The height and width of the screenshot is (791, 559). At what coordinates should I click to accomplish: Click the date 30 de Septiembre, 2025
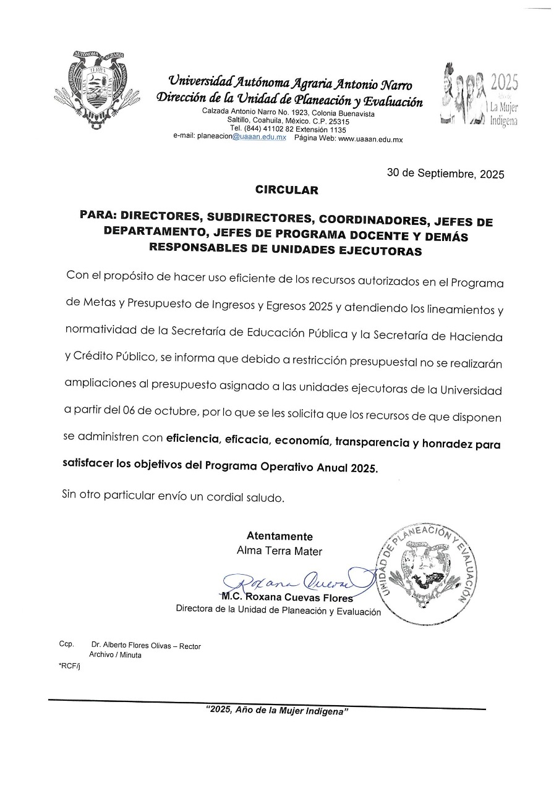[445, 174]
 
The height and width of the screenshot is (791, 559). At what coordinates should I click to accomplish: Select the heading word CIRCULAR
[286, 190]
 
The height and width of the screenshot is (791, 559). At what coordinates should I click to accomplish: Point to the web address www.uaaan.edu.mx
[370, 139]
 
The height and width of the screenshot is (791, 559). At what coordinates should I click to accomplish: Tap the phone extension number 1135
[334, 130]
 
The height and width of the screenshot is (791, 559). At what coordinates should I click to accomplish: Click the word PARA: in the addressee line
[99, 219]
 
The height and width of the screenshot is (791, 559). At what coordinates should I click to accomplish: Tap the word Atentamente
[279, 536]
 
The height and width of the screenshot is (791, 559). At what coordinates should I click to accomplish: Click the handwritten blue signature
[291, 580]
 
